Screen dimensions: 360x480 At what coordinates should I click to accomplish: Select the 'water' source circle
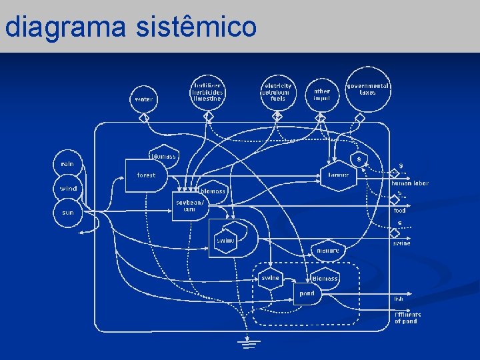(x=143, y=99)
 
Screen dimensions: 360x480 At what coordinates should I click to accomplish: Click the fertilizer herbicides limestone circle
(x=207, y=93)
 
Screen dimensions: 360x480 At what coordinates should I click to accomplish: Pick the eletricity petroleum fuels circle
(x=278, y=93)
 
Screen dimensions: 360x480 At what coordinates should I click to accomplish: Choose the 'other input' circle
(x=321, y=94)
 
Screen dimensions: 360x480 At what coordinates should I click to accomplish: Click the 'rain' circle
(x=67, y=164)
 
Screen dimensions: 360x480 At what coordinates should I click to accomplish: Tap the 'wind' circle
(x=68, y=189)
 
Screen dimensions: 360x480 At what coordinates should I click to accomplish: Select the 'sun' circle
(x=68, y=213)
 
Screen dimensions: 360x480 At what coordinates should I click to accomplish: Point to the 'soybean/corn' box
(x=190, y=206)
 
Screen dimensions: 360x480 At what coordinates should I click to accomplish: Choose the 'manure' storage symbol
(x=327, y=250)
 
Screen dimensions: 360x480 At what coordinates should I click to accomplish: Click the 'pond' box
(x=307, y=293)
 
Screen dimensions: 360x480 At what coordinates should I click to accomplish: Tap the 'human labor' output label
(x=409, y=183)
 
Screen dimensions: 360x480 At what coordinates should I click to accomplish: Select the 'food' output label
(x=399, y=211)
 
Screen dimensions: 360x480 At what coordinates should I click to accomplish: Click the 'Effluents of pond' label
(x=407, y=317)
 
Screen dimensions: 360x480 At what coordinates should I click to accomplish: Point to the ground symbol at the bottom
(x=250, y=343)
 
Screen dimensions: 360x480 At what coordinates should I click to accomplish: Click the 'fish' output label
(x=399, y=299)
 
